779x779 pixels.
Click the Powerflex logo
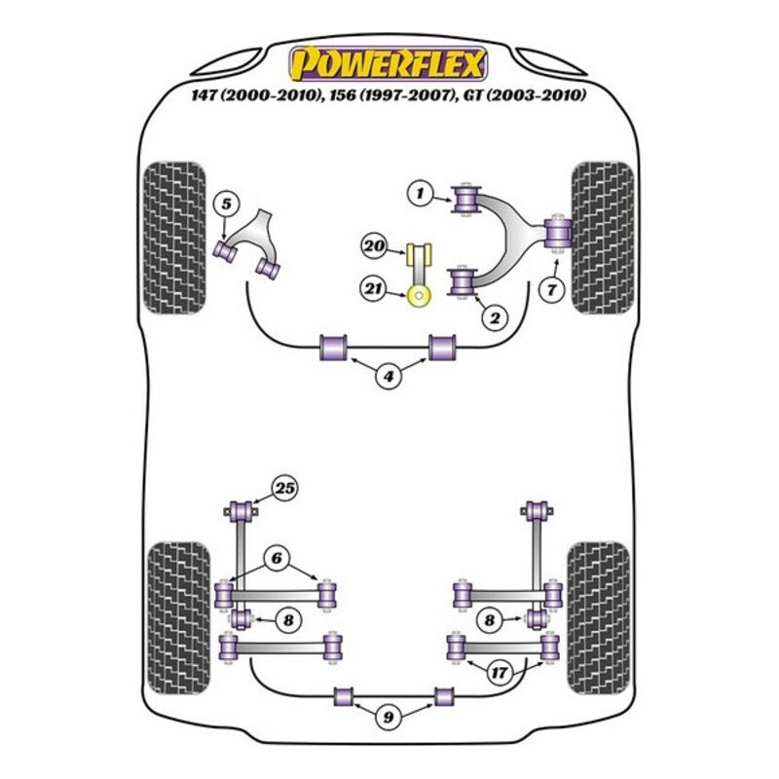tap(389, 64)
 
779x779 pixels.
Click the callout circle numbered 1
tap(420, 196)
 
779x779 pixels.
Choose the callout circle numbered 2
tap(495, 316)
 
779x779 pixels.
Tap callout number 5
tap(226, 204)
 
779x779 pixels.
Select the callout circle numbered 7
tap(551, 289)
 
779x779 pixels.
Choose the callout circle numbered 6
tap(277, 558)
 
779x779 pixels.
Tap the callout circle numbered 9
tap(389, 720)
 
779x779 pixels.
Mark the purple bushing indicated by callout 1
tap(464, 201)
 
